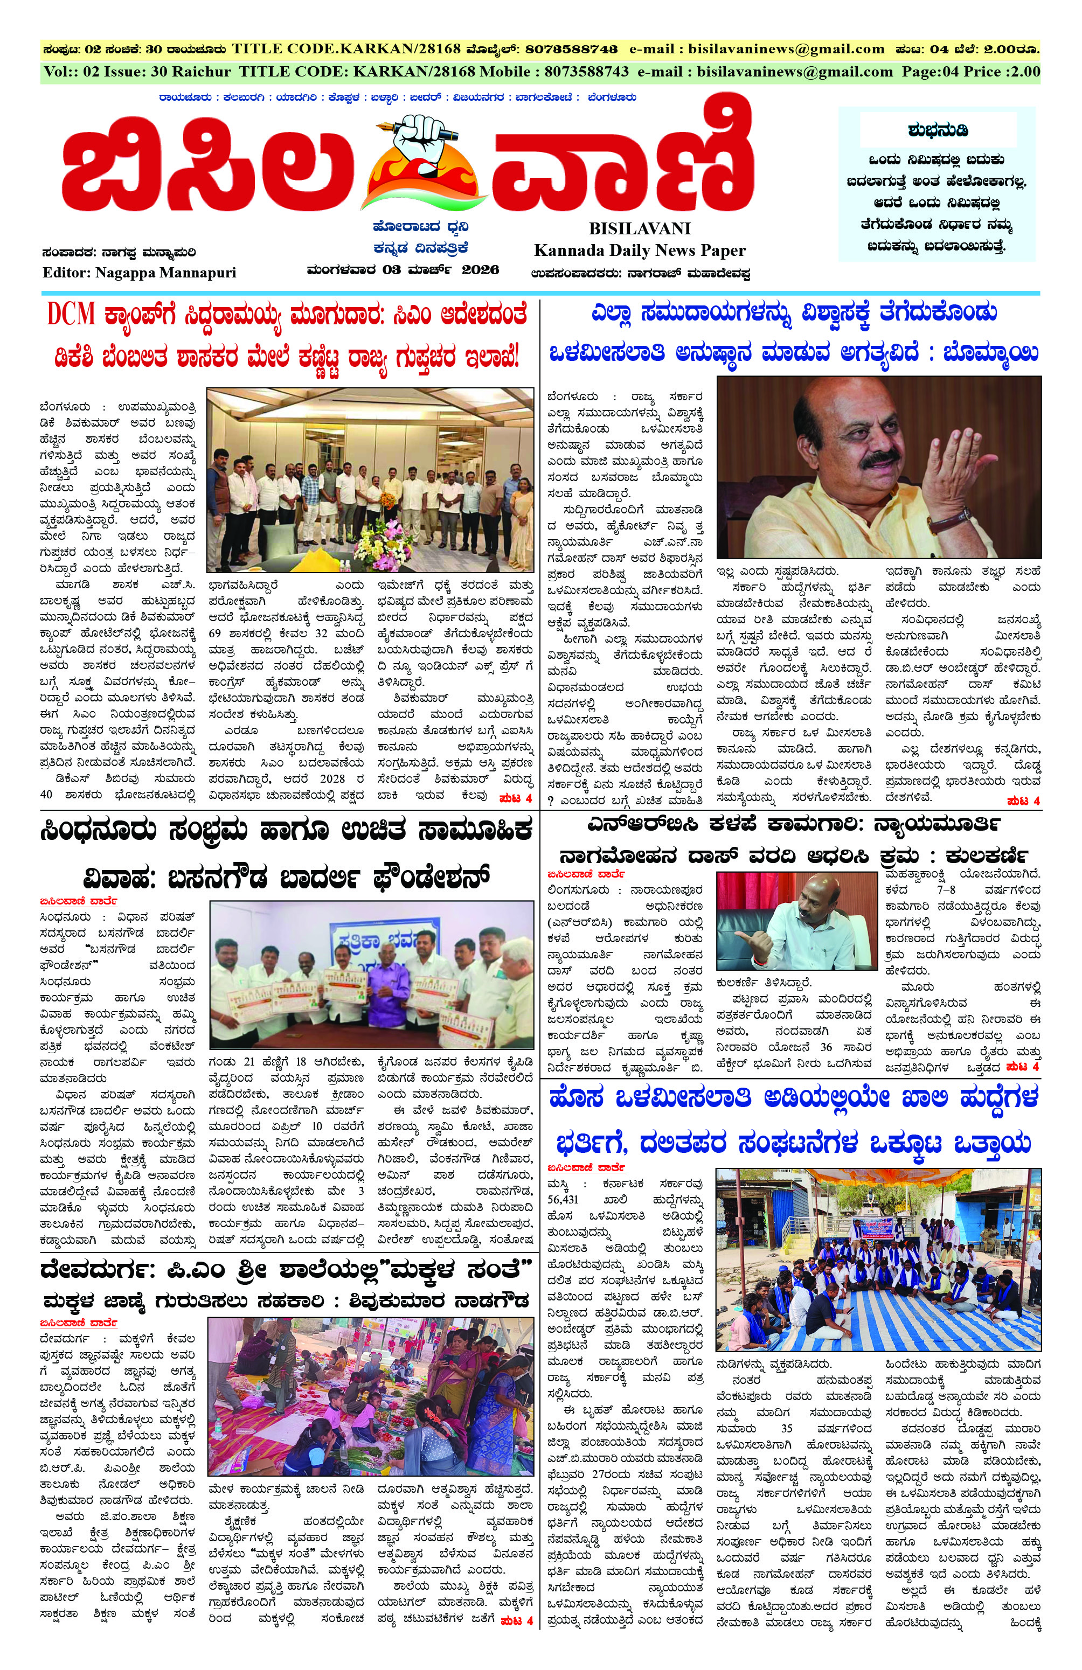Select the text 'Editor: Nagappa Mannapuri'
(x=139, y=273)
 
